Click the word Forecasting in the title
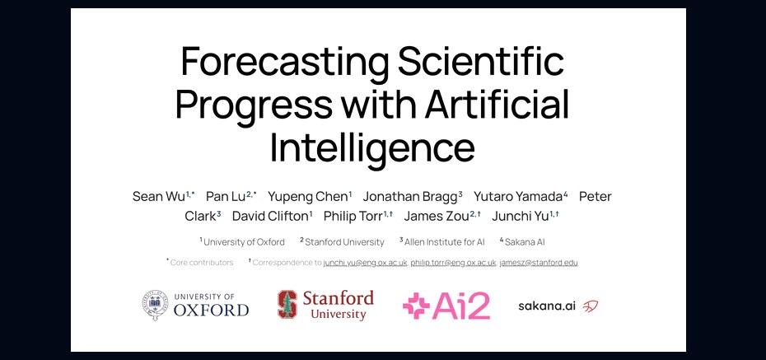285,62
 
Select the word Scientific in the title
481,61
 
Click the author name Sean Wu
159,197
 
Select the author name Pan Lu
225,197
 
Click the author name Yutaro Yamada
518,197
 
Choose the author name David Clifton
270,217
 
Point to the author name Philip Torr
353,217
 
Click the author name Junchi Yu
521,217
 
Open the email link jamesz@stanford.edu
539,263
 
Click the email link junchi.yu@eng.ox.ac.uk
365,263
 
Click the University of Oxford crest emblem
155,304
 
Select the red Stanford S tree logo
287,305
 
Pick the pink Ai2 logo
446,306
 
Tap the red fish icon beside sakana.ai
591,306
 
